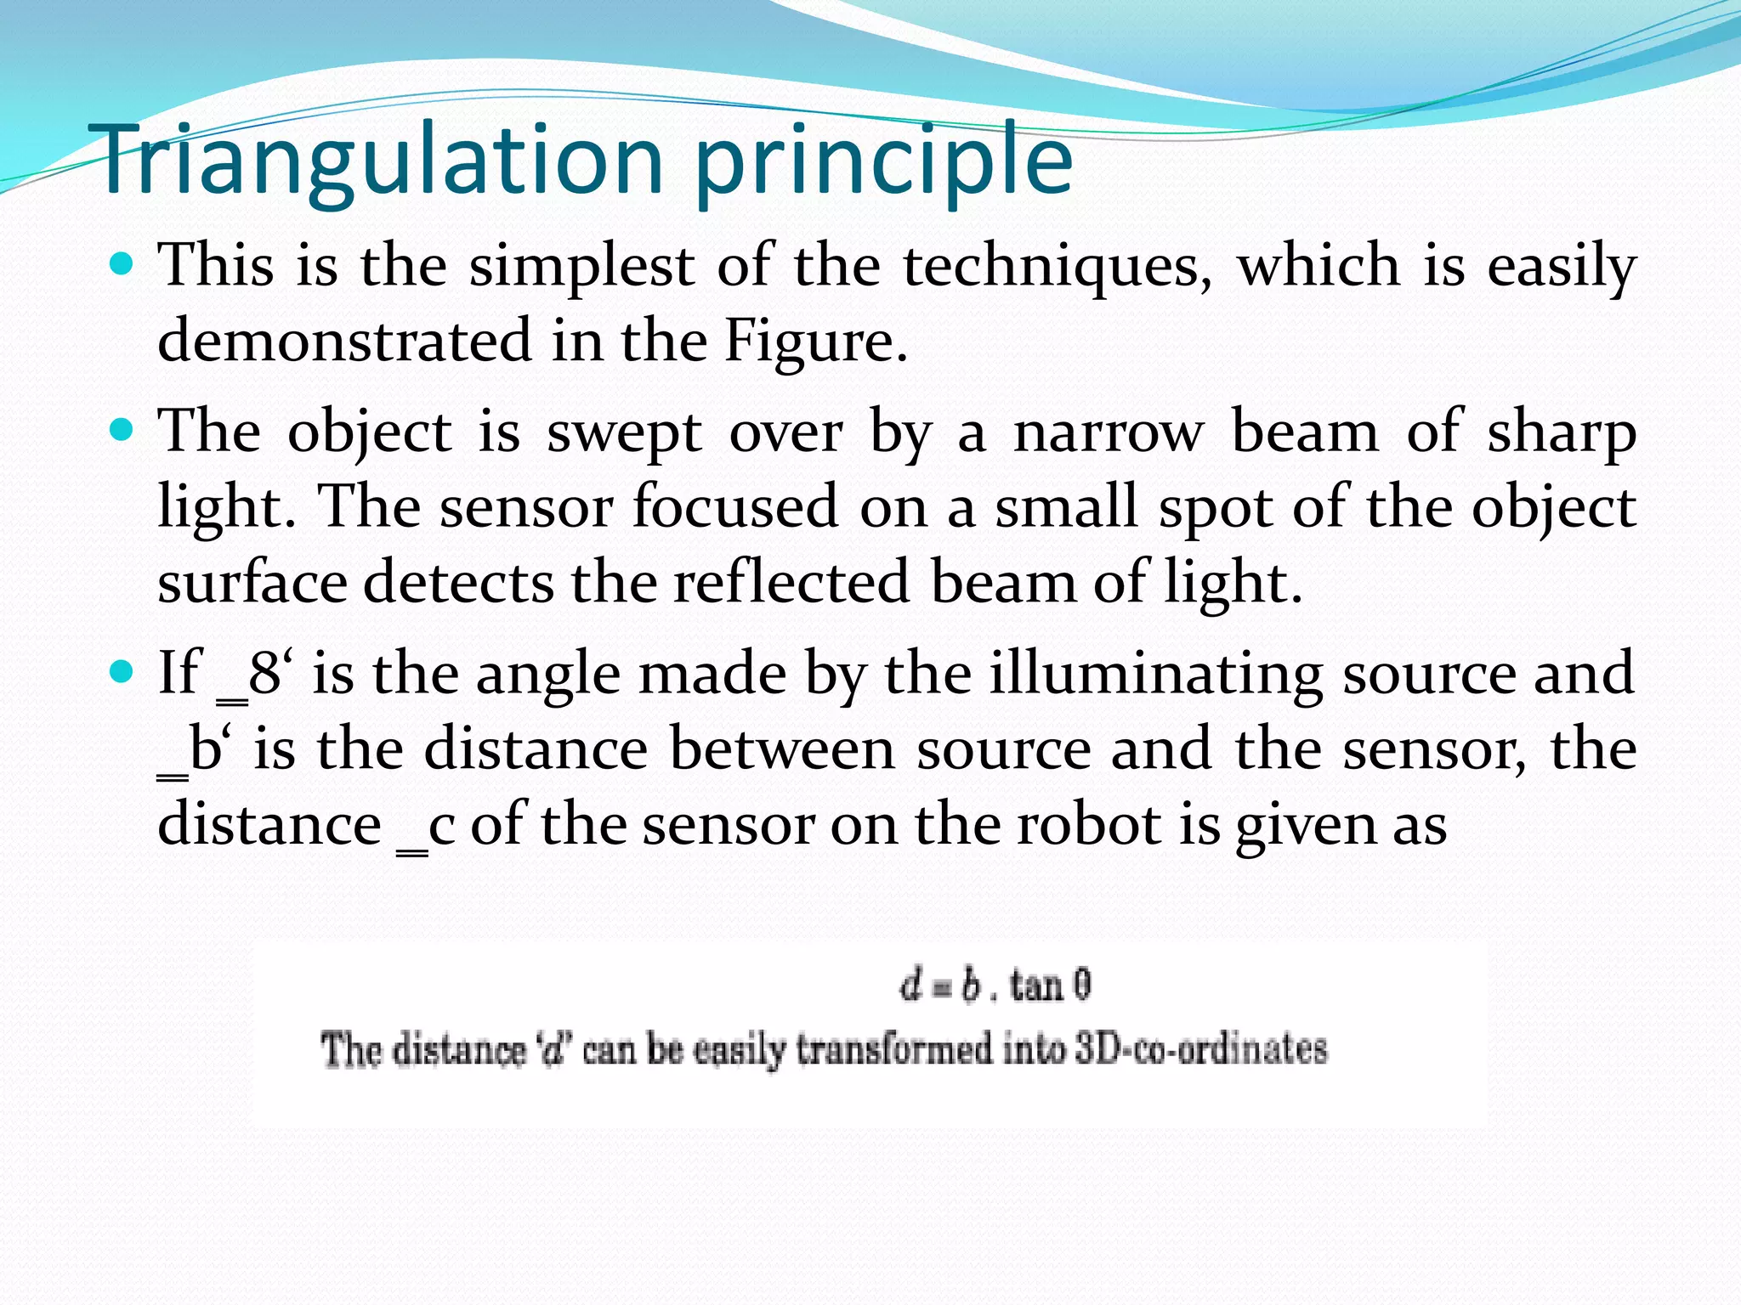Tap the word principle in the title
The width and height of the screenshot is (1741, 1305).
[884, 161]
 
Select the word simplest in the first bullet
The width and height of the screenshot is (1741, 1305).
[581, 266]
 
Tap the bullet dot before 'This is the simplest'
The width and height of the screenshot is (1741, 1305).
[122, 264]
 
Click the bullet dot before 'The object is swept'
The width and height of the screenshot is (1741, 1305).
[122, 431]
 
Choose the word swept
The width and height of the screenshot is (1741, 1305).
[624, 432]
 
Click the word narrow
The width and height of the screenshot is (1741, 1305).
[1109, 432]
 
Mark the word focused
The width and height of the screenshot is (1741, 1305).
[735, 507]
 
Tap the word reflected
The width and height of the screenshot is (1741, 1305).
[791, 583]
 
